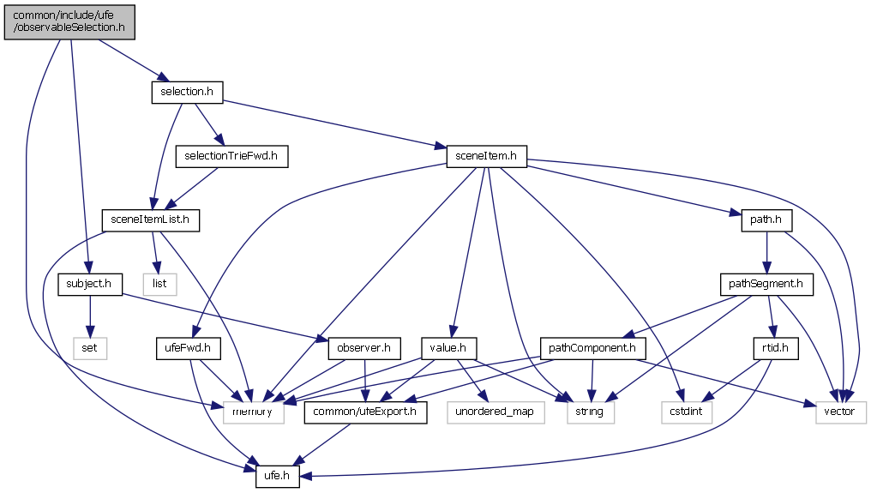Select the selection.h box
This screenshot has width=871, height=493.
[x=187, y=92]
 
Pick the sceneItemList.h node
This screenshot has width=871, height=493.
[x=151, y=220]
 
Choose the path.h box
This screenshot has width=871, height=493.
[x=766, y=220]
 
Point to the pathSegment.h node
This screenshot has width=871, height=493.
[x=766, y=284]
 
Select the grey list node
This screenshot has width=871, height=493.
[x=159, y=284]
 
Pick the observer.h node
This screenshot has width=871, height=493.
[x=364, y=348]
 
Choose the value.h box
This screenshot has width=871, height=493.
[x=448, y=348]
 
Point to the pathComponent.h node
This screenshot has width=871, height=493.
[x=592, y=348]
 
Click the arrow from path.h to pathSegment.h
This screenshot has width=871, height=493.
[x=766, y=252]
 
